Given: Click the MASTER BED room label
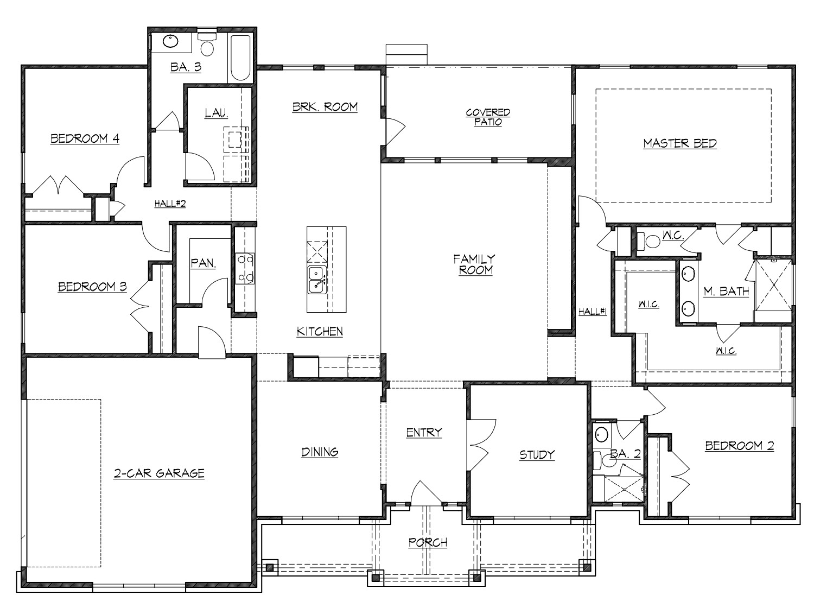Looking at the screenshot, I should (679, 144).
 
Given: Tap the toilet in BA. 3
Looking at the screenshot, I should (207, 46).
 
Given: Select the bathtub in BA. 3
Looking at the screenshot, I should (240, 57).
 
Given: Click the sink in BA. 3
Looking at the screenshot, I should (171, 41).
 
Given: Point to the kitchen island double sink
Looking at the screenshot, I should (316, 280).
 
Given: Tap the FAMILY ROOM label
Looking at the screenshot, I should (475, 264).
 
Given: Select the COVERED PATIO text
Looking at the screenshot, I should (488, 117).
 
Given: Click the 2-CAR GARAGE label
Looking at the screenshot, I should (159, 473).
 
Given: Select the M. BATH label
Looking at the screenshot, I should (726, 292).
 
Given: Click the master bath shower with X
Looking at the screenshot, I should (773, 284).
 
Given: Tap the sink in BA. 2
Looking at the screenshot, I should (601, 434).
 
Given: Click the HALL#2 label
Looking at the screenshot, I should (170, 204).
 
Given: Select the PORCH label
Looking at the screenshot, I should (428, 542).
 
